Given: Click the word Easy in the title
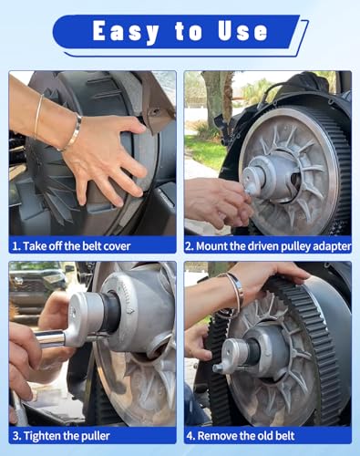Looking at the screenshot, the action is click(x=126, y=32).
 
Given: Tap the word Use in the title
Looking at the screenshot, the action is click(x=242, y=31).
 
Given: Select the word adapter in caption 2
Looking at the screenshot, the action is click(x=332, y=246).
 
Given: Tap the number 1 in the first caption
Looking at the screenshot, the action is click(x=15, y=246).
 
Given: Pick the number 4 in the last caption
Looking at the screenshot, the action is click(x=190, y=436).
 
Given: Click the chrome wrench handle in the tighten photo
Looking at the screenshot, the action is click(x=49, y=338).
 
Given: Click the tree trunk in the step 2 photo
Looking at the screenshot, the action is click(x=216, y=100).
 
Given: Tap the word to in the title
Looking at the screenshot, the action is click(x=189, y=32).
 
